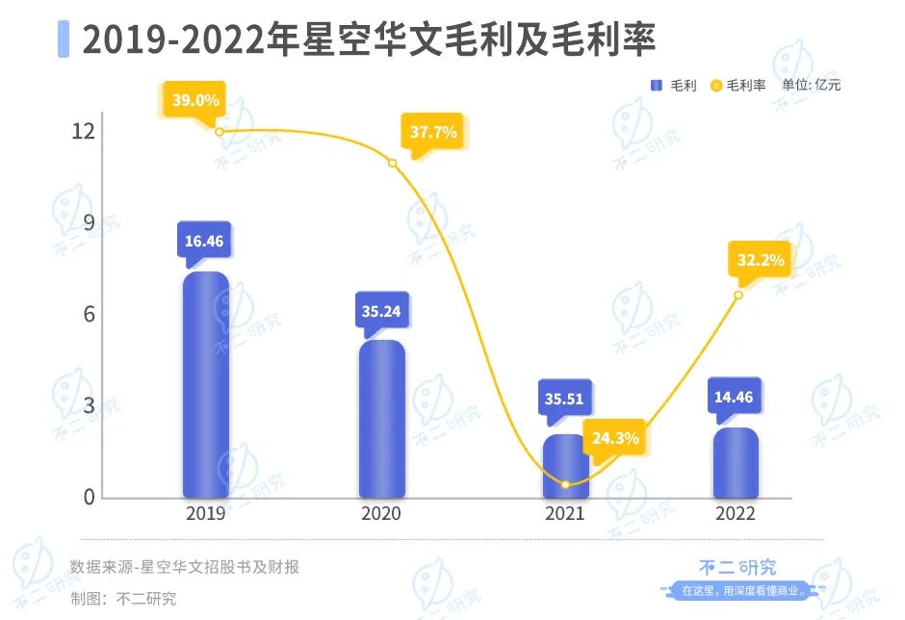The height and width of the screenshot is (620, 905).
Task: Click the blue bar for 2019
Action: (206, 385)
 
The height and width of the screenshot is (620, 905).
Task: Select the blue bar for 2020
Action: (382, 419)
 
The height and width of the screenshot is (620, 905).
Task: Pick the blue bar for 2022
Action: (736, 463)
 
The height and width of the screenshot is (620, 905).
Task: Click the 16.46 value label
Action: (204, 241)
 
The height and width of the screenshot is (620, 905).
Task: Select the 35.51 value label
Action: (564, 399)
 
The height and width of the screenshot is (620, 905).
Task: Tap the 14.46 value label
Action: (735, 395)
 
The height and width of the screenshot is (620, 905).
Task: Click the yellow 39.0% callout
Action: (196, 99)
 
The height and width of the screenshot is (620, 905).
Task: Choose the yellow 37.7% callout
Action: (433, 133)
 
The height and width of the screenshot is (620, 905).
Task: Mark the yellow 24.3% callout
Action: (616, 438)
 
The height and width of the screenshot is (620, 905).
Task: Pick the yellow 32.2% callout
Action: (761, 260)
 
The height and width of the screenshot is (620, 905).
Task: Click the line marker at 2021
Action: (565, 484)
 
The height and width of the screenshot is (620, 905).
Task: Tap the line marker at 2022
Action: (738, 295)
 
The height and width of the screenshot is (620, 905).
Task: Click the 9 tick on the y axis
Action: (88, 223)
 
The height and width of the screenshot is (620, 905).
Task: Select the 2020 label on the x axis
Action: (381, 514)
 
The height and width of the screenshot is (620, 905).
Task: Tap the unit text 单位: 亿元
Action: (811, 85)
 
